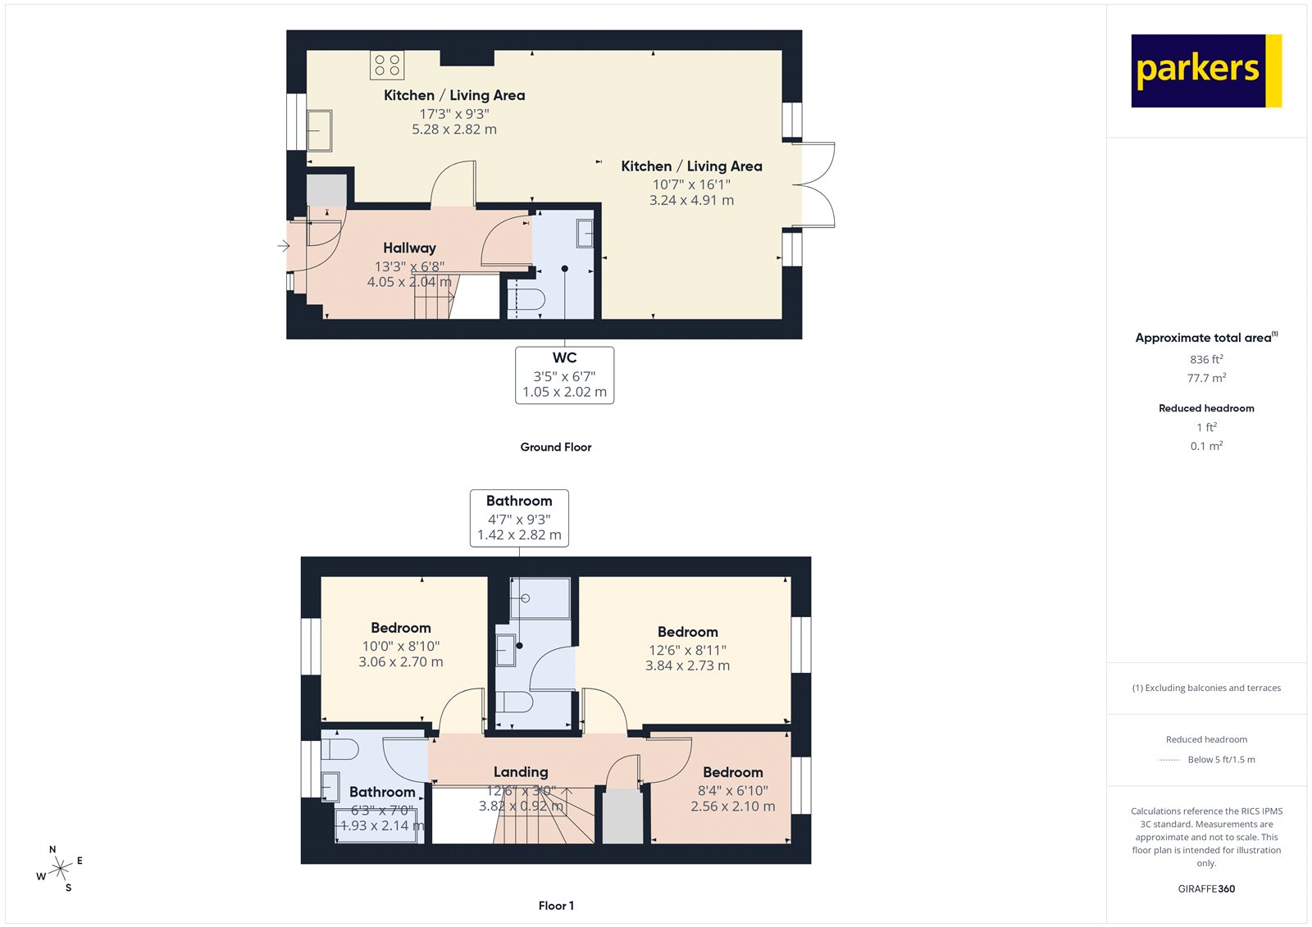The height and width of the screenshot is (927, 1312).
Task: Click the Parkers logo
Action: pyautogui.click(x=1205, y=70)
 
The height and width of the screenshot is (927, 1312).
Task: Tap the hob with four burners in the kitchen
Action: pyautogui.click(x=387, y=65)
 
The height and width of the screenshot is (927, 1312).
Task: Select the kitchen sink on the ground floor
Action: pyautogui.click(x=319, y=130)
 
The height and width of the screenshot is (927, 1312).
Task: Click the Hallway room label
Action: pyautogui.click(x=409, y=248)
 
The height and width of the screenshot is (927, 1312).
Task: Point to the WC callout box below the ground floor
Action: pyautogui.click(x=564, y=375)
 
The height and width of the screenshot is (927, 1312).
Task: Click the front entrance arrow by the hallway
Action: pyautogui.click(x=284, y=246)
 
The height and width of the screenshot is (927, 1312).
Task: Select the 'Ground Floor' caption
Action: pyautogui.click(x=555, y=447)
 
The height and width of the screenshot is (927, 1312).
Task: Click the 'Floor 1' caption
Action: pyautogui.click(x=556, y=906)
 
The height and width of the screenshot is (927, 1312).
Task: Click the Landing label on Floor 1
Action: pyautogui.click(x=521, y=772)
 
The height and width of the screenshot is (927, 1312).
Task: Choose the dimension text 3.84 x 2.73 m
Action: pyautogui.click(x=687, y=666)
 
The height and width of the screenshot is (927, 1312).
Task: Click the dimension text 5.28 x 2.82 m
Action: pyautogui.click(x=453, y=130)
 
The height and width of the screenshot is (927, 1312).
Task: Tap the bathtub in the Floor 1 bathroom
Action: pyautogui.click(x=376, y=825)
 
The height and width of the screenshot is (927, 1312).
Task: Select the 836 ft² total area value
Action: pyautogui.click(x=1206, y=359)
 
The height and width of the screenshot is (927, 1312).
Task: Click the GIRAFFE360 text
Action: pyautogui.click(x=1206, y=888)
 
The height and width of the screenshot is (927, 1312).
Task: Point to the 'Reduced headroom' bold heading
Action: pyautogui.click(x=1206, y=408)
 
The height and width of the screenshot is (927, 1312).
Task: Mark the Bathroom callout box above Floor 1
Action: pyautogui.click(x=519, y=518)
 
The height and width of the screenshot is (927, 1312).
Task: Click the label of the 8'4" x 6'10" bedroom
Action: pyautogui.click(x=732, y=772)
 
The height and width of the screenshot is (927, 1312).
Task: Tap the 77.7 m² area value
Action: pyautogui.click(x=1206, y=378)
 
